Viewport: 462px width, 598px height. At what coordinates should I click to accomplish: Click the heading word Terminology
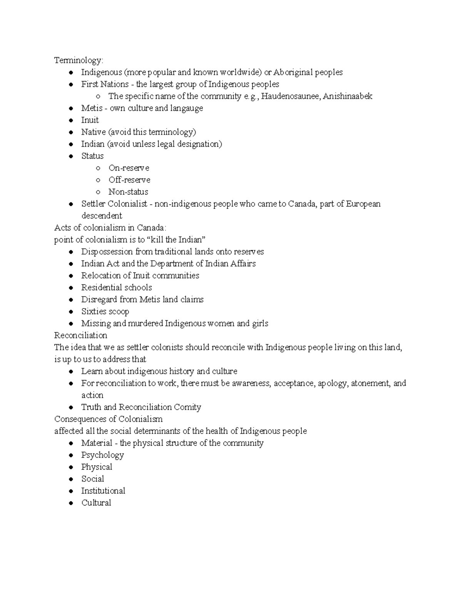[x=78, y=60]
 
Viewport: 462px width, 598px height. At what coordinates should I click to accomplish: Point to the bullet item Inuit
[x=90, y=120]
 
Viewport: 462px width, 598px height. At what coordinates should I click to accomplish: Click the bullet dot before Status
[x=71, y=156]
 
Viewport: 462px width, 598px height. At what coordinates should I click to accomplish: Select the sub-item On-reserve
[x=129, y=168]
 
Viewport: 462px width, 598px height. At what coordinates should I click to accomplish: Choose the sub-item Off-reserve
[x=129, y=180]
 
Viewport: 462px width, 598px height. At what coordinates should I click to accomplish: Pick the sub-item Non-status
[x=128, y=192]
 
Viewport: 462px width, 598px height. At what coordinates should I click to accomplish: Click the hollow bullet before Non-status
[x=99, y=192]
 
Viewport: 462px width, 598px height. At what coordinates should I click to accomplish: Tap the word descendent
[x=102, y=216]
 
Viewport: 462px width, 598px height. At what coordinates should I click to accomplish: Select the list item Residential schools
[x=116, y=288]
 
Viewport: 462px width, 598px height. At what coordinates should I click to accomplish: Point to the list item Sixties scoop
[x=105, y=312]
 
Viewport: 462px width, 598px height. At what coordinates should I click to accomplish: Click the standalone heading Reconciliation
[x=80, y=335]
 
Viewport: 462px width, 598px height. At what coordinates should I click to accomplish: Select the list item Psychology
[x=102, y=455]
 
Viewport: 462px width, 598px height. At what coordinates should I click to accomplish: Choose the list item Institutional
[x=103, y=491]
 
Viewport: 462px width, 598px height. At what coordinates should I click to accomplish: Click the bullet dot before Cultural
[x=71, y=503]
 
